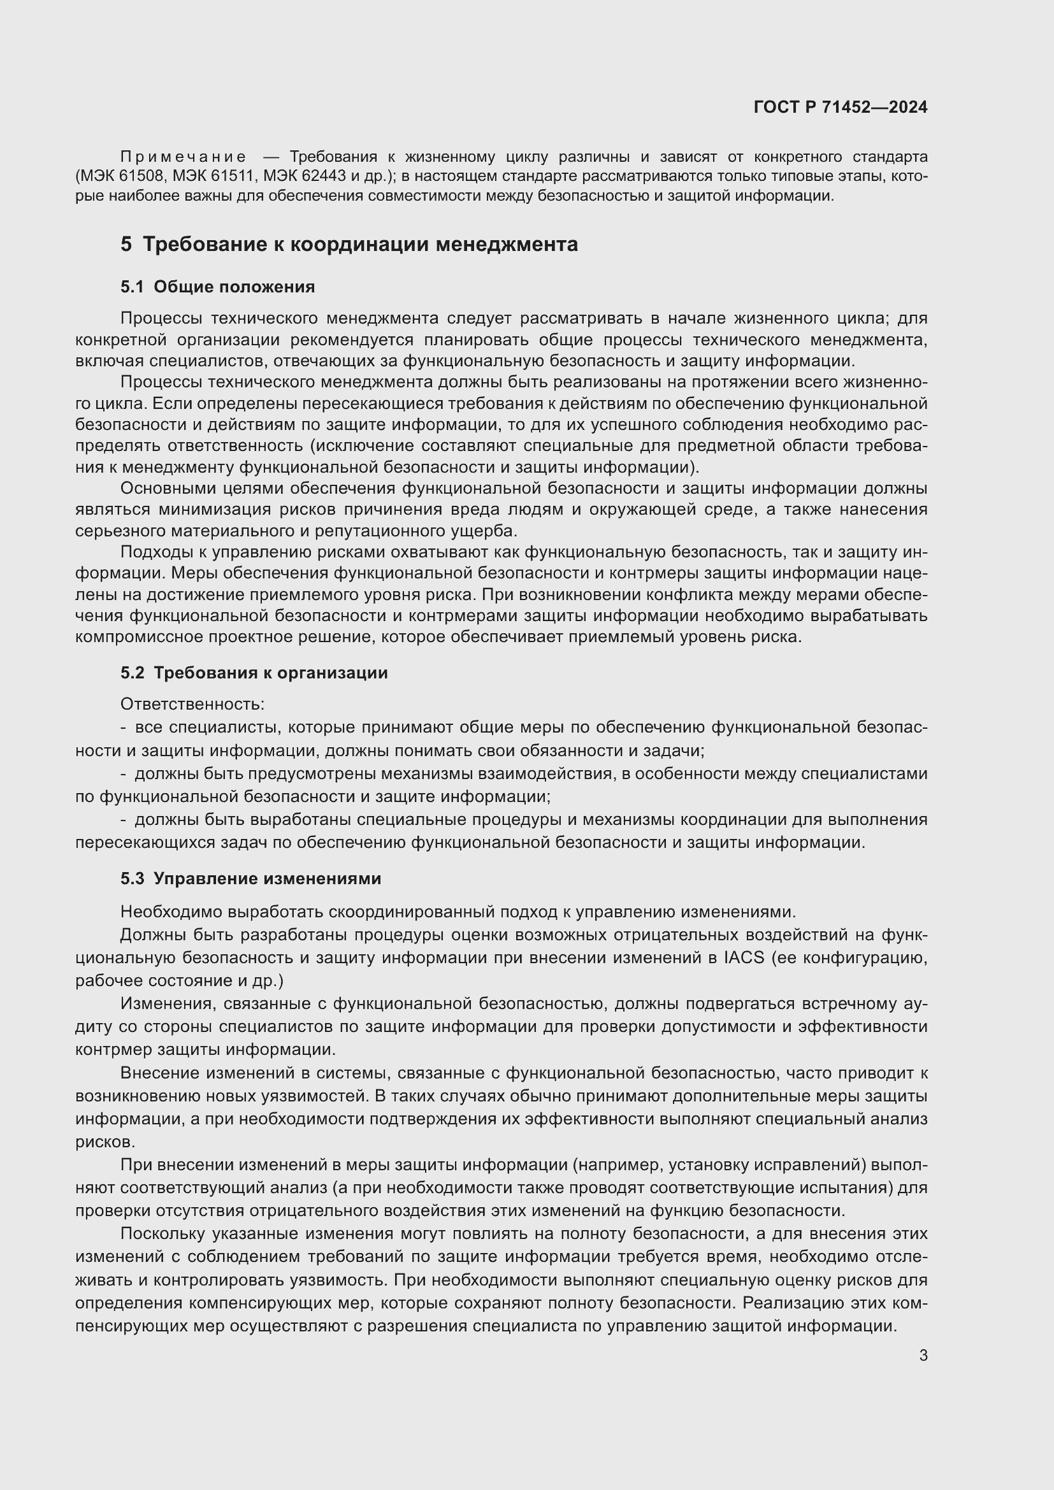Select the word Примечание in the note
click(x=183, y=157)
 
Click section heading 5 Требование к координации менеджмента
click(x=349, y=244)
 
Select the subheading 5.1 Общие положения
click(x=217, y=287)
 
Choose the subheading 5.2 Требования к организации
click(x=254, y=672)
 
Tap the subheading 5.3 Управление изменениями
click(x=250, y=878)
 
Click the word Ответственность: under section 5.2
click(x=192, y=703)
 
